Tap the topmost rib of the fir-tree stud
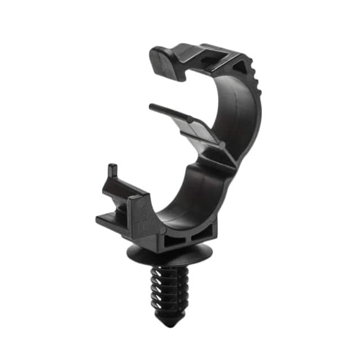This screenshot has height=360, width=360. (170, 272)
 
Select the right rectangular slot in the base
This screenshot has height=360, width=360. (204, 234)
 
